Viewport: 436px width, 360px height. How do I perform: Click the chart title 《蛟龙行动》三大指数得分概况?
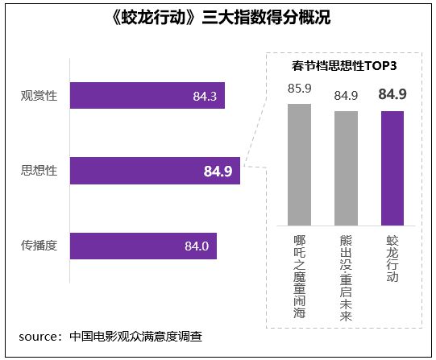(x=218, y=17)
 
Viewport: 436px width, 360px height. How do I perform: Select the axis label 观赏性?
(x=39, y=96)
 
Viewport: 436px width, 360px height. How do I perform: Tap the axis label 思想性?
(x=39, y=171)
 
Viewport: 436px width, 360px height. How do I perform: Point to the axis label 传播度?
(x=39, y=246)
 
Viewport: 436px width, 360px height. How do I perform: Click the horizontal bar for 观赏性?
(x=147, y=96)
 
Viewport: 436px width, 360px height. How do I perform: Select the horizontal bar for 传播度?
(x=145, y=246)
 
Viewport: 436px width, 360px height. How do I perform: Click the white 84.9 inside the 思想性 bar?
(x=218, y=171)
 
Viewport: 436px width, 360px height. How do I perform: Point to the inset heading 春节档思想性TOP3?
(x=345, y=64)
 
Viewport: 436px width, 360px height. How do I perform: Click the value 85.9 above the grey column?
(x=299, y=89)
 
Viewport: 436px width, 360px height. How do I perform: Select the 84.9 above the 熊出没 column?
(x=346, y=96)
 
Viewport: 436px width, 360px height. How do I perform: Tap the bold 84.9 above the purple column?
(x=392, y=95)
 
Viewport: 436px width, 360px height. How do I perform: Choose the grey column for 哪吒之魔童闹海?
(x=299, y=165)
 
